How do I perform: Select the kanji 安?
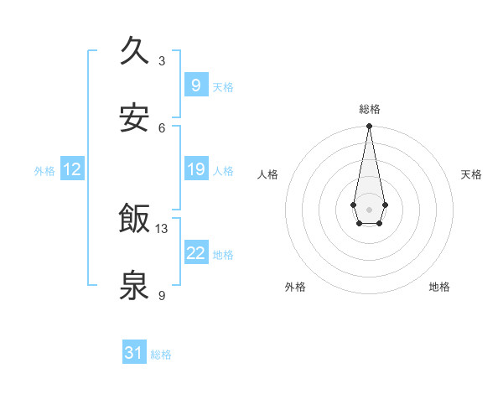click(135, 118)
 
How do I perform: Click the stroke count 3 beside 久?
click(162, 60)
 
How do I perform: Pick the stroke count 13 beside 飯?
click(162, 228)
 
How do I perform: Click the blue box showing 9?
click(195, 86)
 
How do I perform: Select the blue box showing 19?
click(195, 169)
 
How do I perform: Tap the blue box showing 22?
click(195, 253)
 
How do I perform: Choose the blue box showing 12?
click(71, 169)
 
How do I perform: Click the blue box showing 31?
click(134, 353)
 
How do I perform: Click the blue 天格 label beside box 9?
click(223, 87)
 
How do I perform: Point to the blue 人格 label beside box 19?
click(223, 171)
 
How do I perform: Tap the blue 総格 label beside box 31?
click(161, 355)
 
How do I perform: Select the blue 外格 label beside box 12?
click(44, 171)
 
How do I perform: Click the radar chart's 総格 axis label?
click(369, 109)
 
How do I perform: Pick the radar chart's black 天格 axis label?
click(471, 174)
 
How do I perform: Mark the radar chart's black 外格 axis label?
click(295, 287)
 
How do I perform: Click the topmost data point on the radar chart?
click(369, 127)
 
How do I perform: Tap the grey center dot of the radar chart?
click(369, 208)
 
